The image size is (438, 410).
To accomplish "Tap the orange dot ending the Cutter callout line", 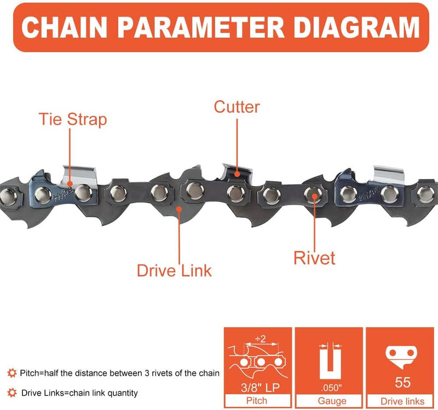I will click(237, 174).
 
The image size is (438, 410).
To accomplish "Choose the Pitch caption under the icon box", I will click(257, 401).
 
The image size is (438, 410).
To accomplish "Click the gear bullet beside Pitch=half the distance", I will click(11, 373).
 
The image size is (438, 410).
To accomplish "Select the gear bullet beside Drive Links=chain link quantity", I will click(11, 392).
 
